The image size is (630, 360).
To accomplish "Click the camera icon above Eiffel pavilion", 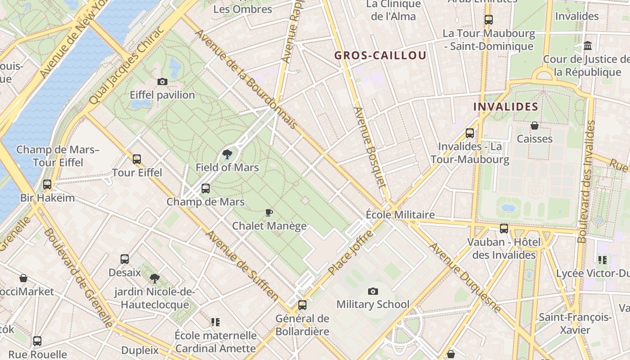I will coord(162,81).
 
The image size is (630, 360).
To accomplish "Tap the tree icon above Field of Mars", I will coord(227,155).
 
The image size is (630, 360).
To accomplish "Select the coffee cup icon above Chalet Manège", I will coord(269,212).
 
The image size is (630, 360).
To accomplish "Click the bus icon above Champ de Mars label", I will coord(206,189).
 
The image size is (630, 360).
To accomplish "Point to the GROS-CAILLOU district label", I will coord(380,56).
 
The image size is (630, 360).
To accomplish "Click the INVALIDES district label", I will coord(506,107).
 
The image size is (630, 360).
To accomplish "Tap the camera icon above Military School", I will coord(373,291).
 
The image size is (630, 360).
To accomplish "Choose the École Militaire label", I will coord(400,215).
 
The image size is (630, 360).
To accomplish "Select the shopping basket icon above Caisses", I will coord(535,125).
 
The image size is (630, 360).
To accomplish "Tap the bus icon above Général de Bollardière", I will coord(302,305).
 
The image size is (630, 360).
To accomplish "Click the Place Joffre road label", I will coord(351,253).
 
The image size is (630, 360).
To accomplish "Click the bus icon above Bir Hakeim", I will coord(47,184).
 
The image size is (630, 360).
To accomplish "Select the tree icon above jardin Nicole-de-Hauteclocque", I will coord(155,278).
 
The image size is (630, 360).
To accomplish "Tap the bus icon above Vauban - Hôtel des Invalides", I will coord(504,229).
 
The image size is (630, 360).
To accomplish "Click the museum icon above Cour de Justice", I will coord(588,45).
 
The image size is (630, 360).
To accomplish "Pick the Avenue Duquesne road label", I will coord(465,278).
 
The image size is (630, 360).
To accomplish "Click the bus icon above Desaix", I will coord(125,259).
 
